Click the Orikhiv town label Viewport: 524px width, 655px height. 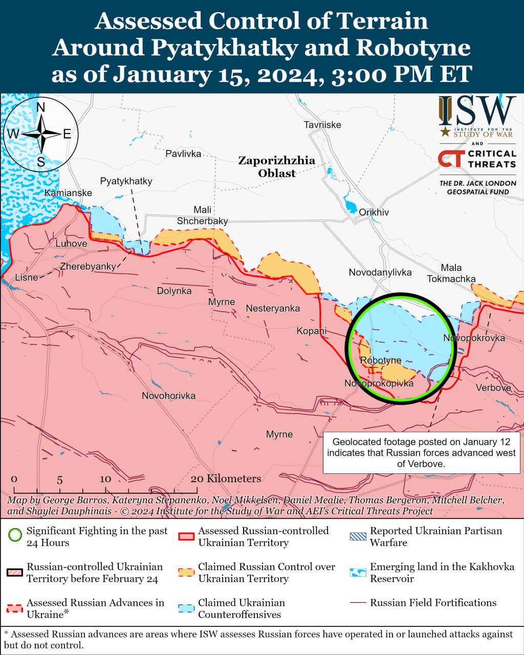pyautogui.click(x=374, y=212)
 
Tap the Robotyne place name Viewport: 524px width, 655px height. pyautogui.click(x=380, y=360)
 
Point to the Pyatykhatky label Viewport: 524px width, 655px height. pyautogui.click(x=126, y=181)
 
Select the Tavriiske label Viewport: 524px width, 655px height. pyautogui.click(x=322, y=125)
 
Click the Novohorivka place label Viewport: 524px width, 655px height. pyautogui.click(x=168, y=396)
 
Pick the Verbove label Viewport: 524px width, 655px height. pyautogui.click(x=493, y=388)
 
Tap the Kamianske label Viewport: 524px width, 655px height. pyautogui.click(x=68, y=193)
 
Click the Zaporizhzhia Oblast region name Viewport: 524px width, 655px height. pyautogui.click(x=277, y=167)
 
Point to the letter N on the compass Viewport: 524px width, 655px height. pyautogui.click(x=41, y=107)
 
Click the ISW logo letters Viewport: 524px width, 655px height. pyautogui.click(x=477, y=111)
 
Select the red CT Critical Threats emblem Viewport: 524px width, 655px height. pyautogui.click(x=451, y=159)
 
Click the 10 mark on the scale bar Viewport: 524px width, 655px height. pyautogui.click(x=105, y=478)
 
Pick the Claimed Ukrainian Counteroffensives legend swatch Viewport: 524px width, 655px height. pyautogui.click(x=187, y=608)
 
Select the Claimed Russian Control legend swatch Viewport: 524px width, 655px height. pyautogui.click(x=187, y=573)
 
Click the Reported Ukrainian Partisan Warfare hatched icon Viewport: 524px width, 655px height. pyautogui.click(x=358, y=536)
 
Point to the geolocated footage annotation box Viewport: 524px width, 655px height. pyautogui.click(x=421, y=453)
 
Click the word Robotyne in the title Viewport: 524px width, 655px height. pyautogui.click(x=413, y=48)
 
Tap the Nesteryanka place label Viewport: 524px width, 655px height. pyautogui.click(x=273, y=309)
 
